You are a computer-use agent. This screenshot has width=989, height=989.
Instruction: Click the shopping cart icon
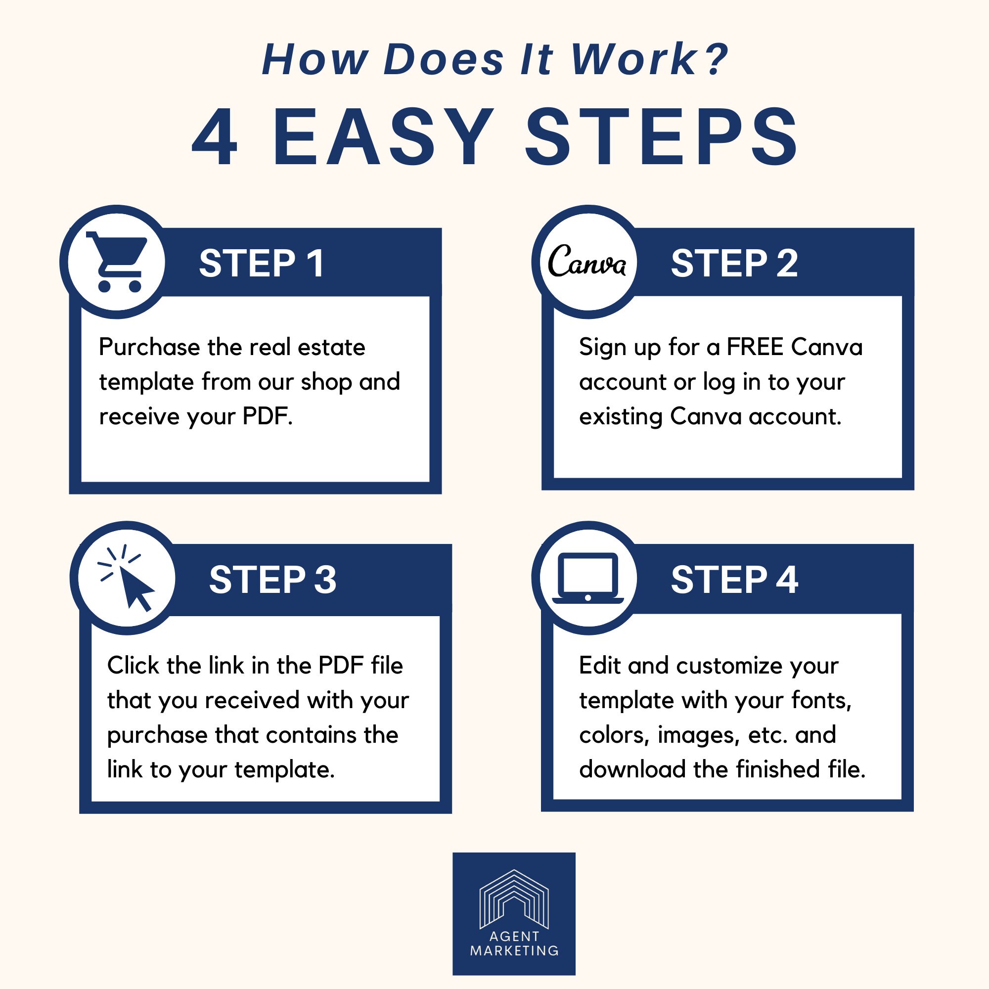(x=117, y=262)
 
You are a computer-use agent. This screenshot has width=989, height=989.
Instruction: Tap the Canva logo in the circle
(x=587, y=261)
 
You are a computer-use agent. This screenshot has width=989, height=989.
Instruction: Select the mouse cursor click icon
(x=126, y=579)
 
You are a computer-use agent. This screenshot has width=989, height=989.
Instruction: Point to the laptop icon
(x=587, y=579)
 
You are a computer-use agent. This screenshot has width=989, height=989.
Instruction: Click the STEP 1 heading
(x=261, y=264)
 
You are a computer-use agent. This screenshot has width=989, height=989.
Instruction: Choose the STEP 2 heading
(x=734, y=264)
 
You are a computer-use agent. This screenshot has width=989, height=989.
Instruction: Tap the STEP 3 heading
(x=272, y=580)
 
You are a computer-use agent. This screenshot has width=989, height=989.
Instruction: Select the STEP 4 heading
(x=734, y=580)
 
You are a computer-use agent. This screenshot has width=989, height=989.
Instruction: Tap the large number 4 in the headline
(x=215, y=137)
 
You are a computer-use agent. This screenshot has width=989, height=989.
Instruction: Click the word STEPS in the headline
(x=661, y=137)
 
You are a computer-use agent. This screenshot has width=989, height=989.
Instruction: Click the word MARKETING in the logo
(x=514, y=950)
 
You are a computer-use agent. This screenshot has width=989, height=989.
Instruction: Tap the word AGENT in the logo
(x=514, y=936)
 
